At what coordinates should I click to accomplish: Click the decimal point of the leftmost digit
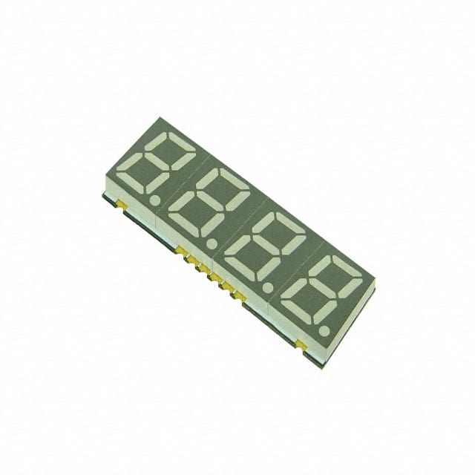154,200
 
